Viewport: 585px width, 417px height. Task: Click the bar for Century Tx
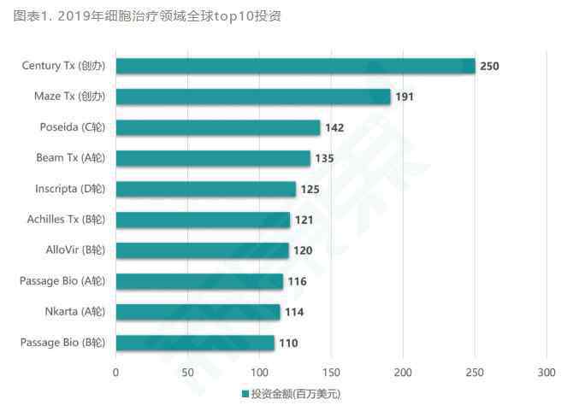click(x=295, y=66)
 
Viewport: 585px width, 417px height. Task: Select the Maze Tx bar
click(x=253, y=97)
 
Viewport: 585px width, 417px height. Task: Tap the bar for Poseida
click(x=218, y=127)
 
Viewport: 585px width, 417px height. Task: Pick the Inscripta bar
click(x=205, y=189)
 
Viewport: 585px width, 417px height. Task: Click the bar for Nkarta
click(x=198, y=312)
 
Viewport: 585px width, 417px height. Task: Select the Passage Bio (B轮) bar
click(x=195, y=343)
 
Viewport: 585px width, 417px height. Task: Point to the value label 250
click(x=489, y=66)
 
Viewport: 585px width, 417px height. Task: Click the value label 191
click(x=405, y=97)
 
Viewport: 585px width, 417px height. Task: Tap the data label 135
click(x=324, y=158)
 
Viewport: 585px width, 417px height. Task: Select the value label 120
click(x=303, y=250)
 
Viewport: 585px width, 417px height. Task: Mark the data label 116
click(x=297, y=281)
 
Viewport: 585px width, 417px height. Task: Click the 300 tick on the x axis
click(x=547, y=373)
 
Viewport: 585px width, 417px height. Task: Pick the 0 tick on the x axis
click(x=116, y=373)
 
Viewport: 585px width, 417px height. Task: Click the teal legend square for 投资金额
click(x=245, y=395)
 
